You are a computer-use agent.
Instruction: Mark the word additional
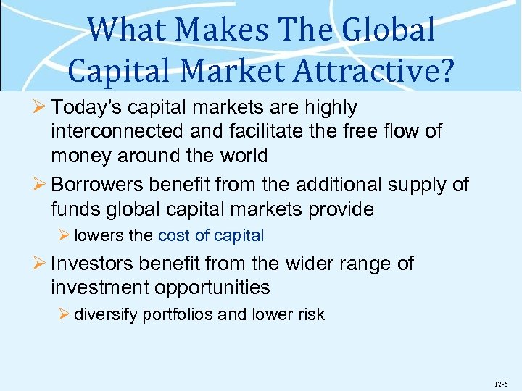(310, 185)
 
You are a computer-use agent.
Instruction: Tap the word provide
(339, 209)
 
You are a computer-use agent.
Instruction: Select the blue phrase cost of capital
(211, 235)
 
